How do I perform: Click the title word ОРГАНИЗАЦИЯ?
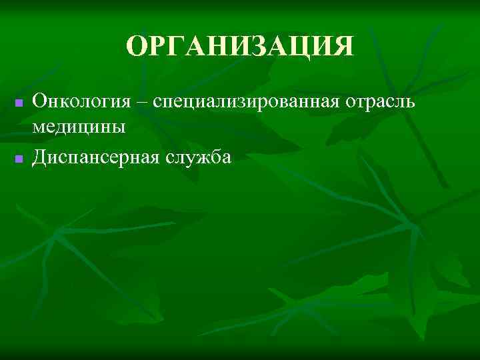(240, 47)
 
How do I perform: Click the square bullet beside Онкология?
(19, 103)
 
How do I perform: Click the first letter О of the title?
(136, 47)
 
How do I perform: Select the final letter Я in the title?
(343, 47)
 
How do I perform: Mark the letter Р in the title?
(157, 47)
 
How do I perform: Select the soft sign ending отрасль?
(412, 103)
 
